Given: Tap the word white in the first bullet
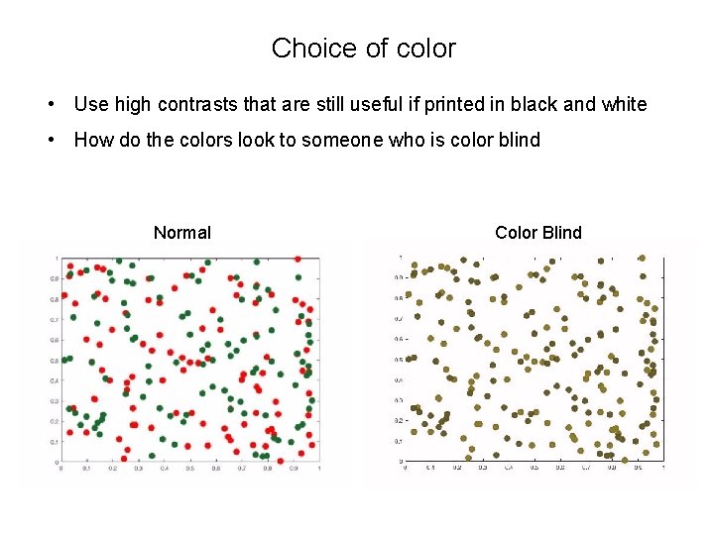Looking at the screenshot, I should [624, 104].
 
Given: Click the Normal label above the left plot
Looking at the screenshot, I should [182, 233].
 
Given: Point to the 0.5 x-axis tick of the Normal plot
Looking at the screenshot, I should [190, 469].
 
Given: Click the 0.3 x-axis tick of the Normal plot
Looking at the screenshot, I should [139, 469].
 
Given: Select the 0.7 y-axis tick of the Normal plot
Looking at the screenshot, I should [55, 319].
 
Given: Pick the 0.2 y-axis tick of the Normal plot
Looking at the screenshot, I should [55, 421].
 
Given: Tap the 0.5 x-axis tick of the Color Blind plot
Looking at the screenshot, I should [534, 468].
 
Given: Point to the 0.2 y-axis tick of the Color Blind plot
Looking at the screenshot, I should [399, 419].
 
